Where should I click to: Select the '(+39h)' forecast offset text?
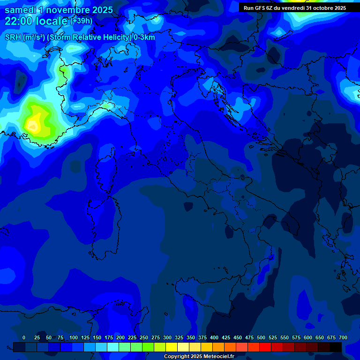[81, 21]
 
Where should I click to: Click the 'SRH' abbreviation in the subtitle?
[14, 37]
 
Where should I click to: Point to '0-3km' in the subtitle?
[144, 37]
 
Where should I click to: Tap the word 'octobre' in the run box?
[318, 8]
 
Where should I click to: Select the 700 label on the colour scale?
[343, 337]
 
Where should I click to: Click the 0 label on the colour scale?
[24, 337]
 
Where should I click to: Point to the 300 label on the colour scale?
[167, 337]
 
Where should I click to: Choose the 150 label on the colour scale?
[97, 337]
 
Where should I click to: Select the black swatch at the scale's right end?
[336, 347]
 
